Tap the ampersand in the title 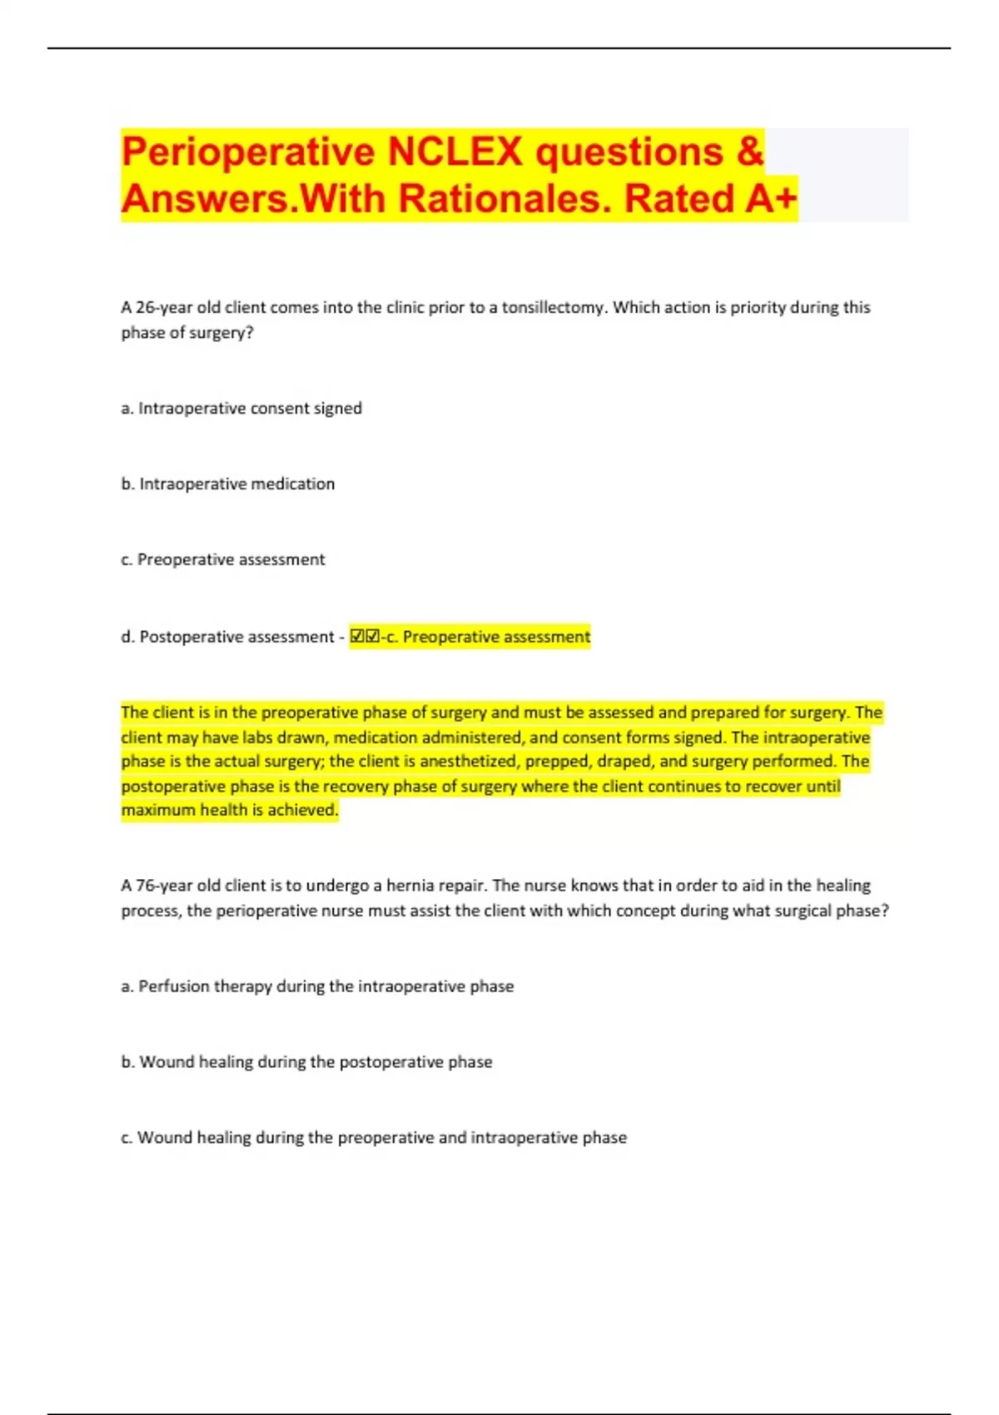tap(749, 151)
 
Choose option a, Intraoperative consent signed tap(241, 408)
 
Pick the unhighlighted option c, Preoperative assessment tap(223, 559)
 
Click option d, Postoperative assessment tap(228, 637)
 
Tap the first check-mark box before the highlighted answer tap(358, 637)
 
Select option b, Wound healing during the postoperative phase tap(307, 1062)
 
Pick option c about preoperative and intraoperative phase tap(374, 1138)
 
